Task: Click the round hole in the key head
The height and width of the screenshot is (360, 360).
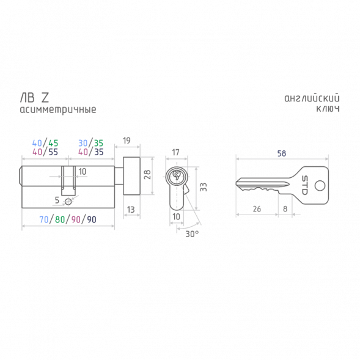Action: coord(320,186)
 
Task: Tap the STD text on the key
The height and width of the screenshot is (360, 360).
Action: coord(304,185)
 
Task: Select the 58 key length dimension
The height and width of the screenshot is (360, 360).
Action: coord(282,153)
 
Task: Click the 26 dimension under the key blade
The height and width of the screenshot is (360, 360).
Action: coord(257,209)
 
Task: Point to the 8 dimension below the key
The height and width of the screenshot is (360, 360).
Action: coord(285,208)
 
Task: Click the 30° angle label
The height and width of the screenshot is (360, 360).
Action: coord(192,233)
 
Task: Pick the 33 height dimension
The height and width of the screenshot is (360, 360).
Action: coord(204,187)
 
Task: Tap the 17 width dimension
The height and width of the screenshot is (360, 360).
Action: coord(175,152)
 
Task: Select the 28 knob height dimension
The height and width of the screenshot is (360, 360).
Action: coord(147,174)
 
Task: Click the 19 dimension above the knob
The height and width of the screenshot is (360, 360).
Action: coord(127,141)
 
